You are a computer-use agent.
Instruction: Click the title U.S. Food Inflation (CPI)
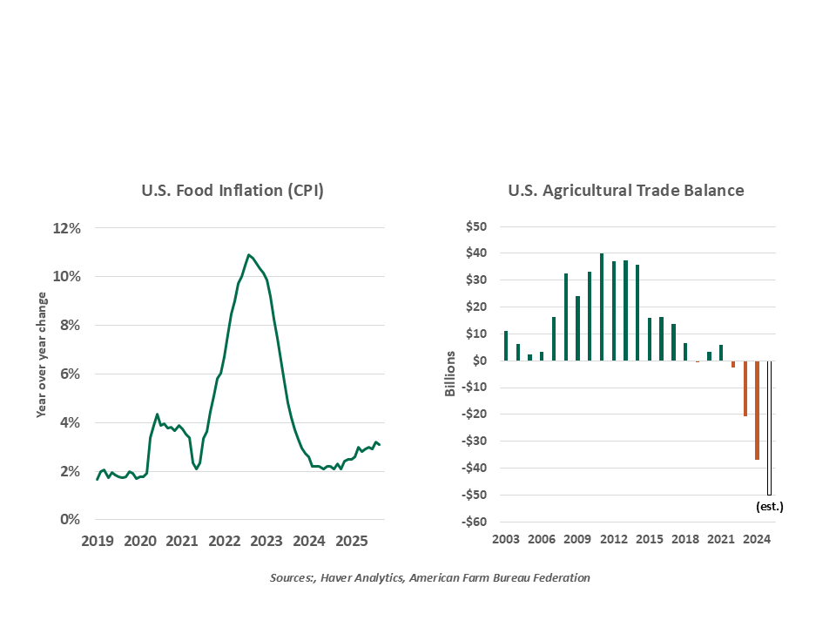(x=233, y=191)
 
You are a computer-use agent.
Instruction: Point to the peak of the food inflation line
(x=249, y=255)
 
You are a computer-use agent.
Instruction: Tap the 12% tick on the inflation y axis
(x=67, y=228)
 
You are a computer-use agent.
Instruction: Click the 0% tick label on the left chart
(x=71, y=520)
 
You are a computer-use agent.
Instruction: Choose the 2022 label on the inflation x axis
(x=224, y=542)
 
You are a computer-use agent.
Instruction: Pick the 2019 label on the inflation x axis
(x=98, y=542)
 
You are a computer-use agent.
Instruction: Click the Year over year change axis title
(x=41, y=354)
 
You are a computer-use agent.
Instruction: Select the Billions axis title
(x=450, y=374)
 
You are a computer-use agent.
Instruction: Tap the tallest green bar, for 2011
(x=602, y=307)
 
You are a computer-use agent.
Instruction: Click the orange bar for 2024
(x=757, y=409)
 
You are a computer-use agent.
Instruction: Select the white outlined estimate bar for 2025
(x=769, y=427)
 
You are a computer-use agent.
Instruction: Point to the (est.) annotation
(x=768, y=505)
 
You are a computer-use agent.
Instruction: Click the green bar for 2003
(x=506, y=346)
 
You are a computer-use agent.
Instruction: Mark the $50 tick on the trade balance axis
(x=476, y=226)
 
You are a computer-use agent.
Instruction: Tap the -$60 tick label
(x=475, y=522)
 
